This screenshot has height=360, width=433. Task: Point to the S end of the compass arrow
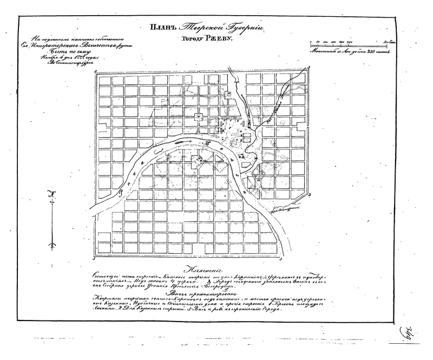[52, 246]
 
